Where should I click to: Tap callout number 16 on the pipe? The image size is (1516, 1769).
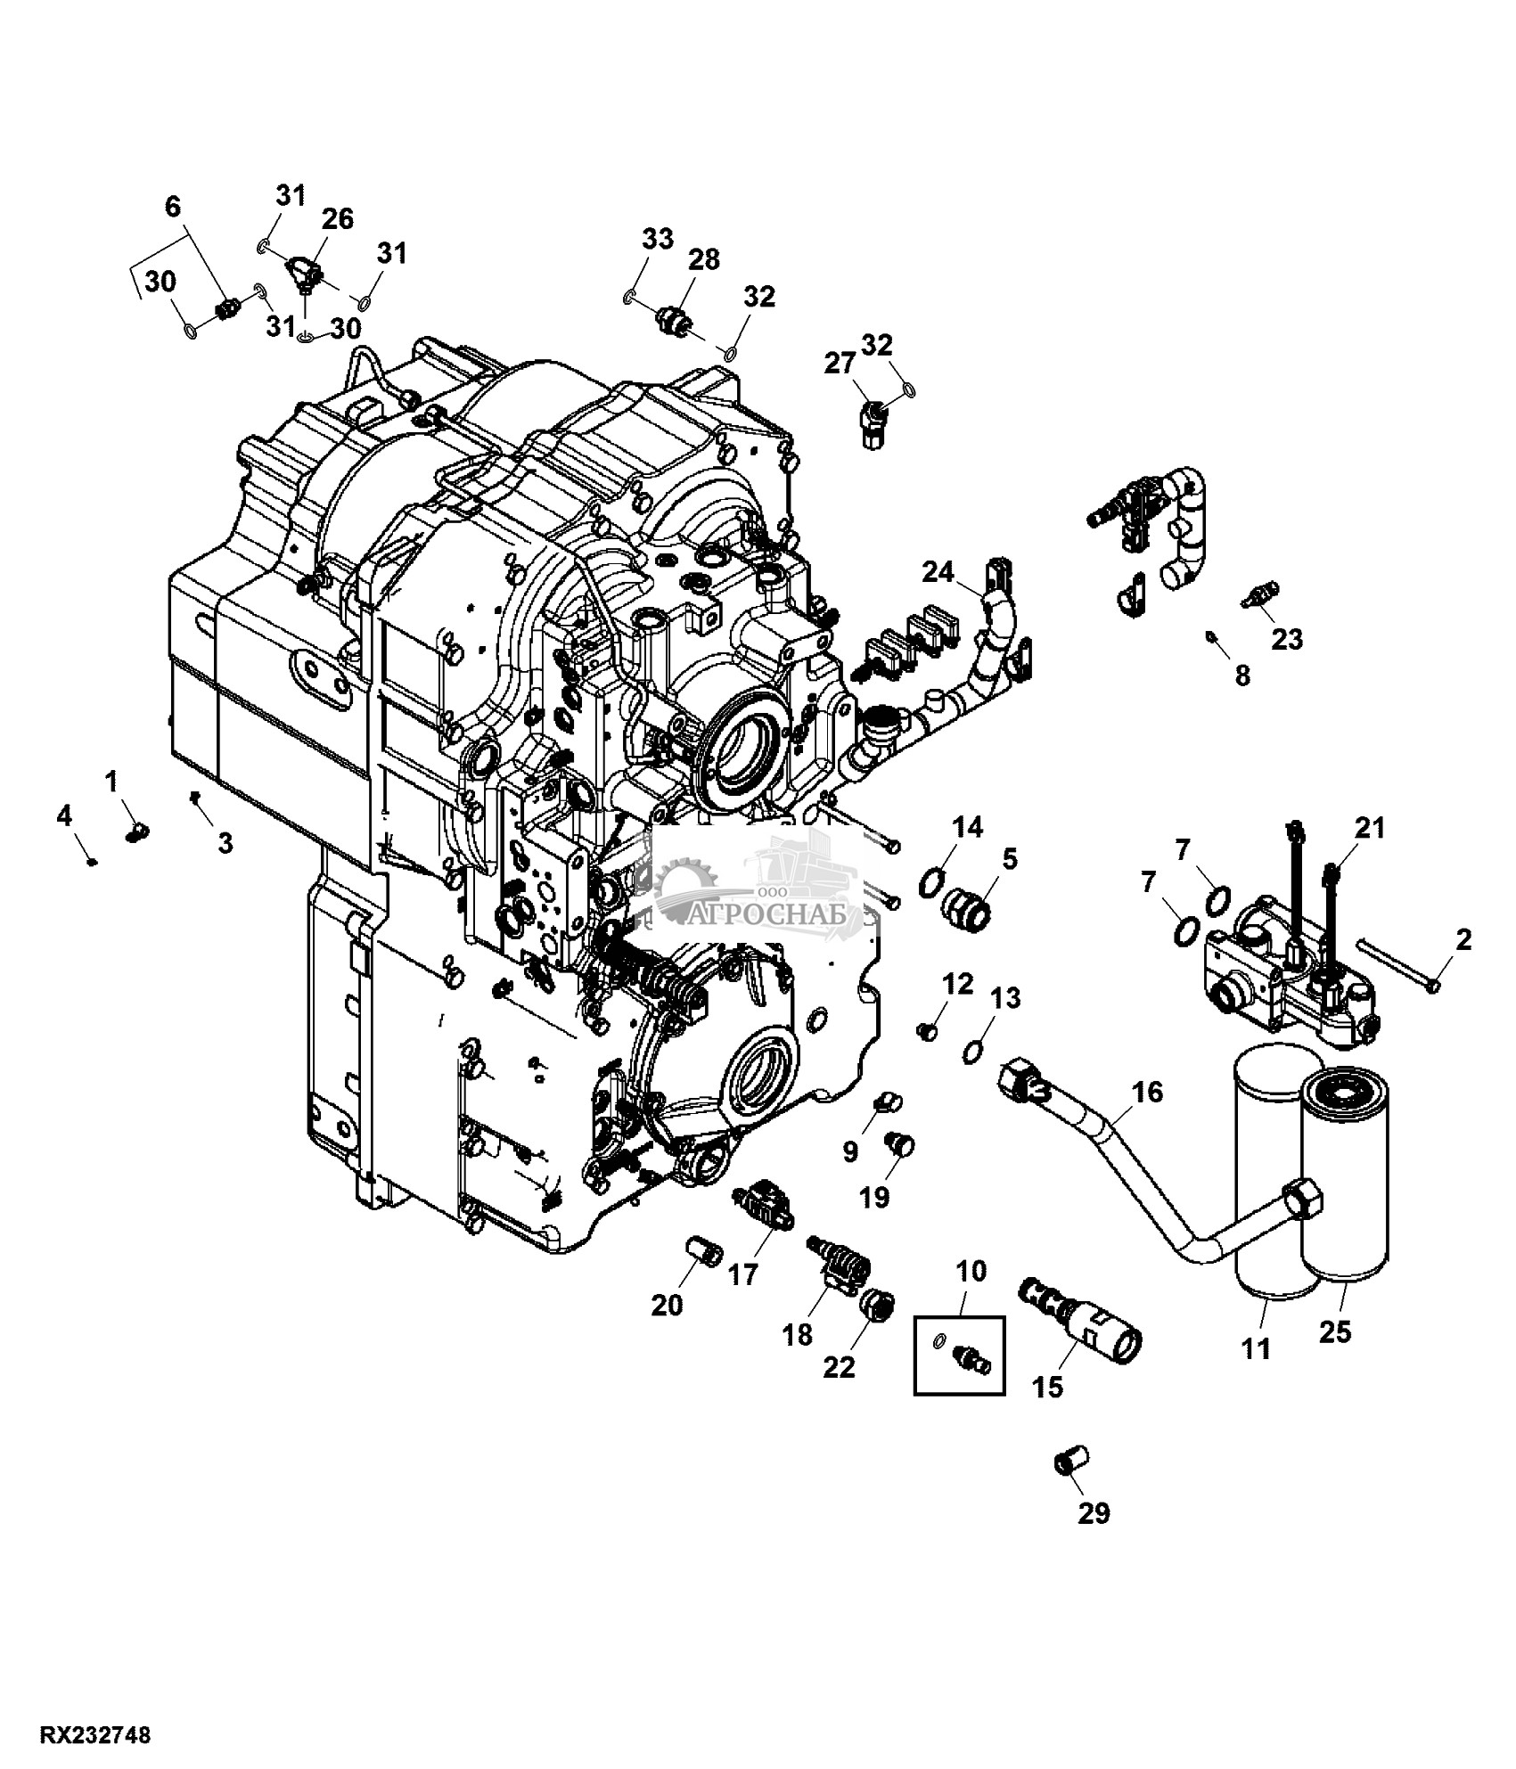pos(1149,1093)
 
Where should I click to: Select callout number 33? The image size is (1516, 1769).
pos(659,239)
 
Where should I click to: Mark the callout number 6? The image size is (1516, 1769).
pos(173,207)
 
